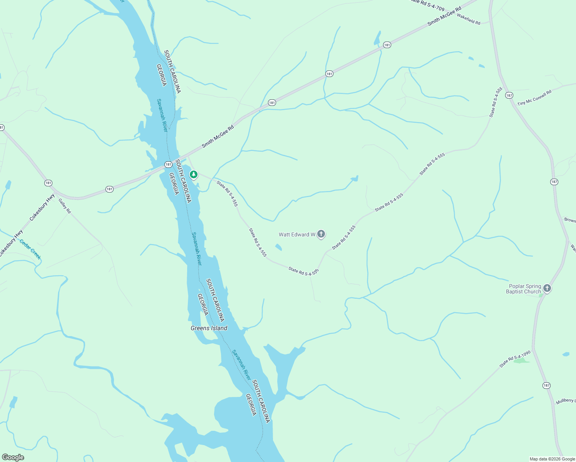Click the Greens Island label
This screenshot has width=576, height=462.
pyautogui.click(x=209, y=328)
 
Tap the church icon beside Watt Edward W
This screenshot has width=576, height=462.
pyautogui.click(x=321, y=234)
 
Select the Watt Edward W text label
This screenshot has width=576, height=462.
pyautogui.click(x=297, y=234)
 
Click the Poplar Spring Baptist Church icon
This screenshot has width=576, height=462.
pyautogui.click(x=547, y=288)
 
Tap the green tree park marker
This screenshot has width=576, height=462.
pyautogui.click(x=194, y=175)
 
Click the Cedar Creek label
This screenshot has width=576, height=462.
pyautogui.click(x=30, y=249)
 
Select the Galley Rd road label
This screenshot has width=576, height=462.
pyautogui.click(x=65, y=206)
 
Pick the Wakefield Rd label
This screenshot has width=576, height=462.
pyautogui.click(x=469, y=19)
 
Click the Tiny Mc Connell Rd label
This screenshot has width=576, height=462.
pyautogui.click(x=534, y=98)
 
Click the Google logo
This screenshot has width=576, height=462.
pyautogui.click(x=13, y=457)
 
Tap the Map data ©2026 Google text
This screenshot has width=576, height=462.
pyautogui.click(x=552, y=459)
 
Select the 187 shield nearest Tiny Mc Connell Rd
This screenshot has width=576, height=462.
pyautogui.click(x=509, y=95)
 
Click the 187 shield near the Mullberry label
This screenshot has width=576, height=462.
pyautogui.click(x=546, y=385)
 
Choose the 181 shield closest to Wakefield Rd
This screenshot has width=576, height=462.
pyautogui.click(x=387, y=45)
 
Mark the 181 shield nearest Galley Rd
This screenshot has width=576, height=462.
pyautogui.click(x=48, y=183)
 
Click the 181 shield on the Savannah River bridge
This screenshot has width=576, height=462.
pyautogui.click(x=168, y=164)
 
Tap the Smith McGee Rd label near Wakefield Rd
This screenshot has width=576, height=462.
pyautogui.click(x=444, y=17)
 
